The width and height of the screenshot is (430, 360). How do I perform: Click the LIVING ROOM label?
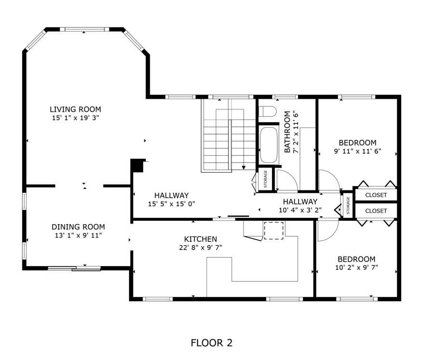point(76,109)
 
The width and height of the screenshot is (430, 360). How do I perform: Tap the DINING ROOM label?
point(78,227)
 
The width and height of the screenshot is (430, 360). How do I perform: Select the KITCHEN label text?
point(200,239)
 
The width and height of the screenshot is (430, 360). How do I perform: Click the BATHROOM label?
point(287,132)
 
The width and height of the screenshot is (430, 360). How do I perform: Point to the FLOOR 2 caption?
point(211,343)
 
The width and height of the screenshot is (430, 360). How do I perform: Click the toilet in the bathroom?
point(267,111)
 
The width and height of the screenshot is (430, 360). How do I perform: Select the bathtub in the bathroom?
point(269,145)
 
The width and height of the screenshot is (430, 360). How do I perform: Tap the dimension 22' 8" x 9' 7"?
point(200,248)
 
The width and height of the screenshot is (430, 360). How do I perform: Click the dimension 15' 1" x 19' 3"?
point(76,118)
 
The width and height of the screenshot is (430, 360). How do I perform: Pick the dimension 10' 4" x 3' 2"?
point(300,210)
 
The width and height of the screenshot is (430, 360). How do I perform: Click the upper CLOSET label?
point(376,195)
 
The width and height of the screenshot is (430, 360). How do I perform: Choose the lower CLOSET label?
point(376,211)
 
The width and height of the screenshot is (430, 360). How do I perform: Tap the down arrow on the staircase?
point(244,167)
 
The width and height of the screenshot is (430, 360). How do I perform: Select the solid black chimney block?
point(137,165)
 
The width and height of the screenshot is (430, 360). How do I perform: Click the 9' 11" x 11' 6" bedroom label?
point(358,147)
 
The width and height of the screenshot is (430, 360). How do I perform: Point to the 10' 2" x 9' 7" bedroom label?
point(356,263)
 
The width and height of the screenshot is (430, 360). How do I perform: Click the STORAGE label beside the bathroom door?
point(265,179)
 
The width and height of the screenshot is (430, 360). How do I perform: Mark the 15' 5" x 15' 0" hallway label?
point(172,200)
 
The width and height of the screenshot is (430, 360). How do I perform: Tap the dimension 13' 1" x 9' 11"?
point(78,236)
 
